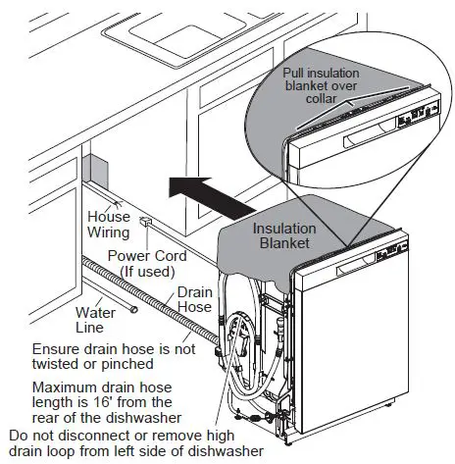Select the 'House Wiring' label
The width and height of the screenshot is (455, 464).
[x=109, y=225]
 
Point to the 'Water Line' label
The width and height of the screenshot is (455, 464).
[x=97, y=320]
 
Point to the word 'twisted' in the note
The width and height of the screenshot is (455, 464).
[x=62, y=364]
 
